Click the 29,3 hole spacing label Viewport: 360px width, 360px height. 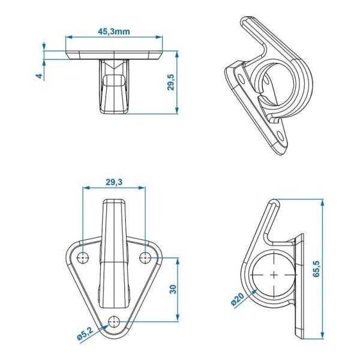coord(113,182)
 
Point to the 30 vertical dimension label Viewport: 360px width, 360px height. coord(172,289)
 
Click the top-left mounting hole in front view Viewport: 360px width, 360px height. coord(83,257)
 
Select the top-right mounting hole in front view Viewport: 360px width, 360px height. coord(145,257)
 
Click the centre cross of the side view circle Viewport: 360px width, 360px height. coord(274,275)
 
